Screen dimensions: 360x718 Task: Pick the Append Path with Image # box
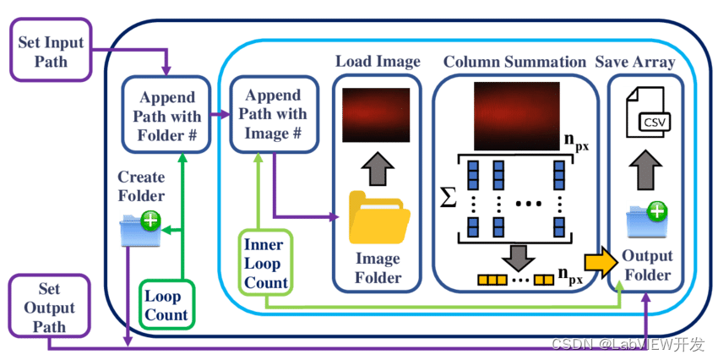click(x=275, y=113)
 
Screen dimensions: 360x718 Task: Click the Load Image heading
click(x=377, y=62)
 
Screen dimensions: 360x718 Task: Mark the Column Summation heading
click(x=514, y=62)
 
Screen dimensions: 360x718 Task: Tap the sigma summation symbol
click(x=449, y=199)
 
